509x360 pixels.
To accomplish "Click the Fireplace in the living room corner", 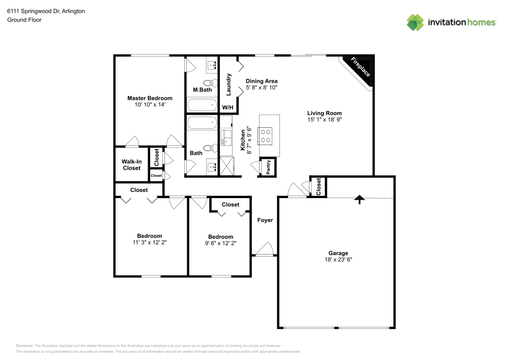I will pyautogui.click(x=361, y=69).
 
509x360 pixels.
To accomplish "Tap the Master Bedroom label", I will pyautogui.click(x=150, y=98).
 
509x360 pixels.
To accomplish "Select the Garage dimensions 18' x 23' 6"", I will pyautogui.click(x=337, y=259).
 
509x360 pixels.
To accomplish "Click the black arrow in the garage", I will pyautogui.click(x=360, y=199).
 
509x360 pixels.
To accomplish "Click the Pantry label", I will pyautogui.click(x=268, y=167).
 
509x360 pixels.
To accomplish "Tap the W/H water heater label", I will pyautogui.click(x=228, y=107).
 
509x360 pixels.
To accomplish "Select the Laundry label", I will pyautogui.click(x=229, y=85).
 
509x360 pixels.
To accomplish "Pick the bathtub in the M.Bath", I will pyautogui.click(x=202, y=105).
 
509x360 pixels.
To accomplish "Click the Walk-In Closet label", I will pyautogui.click(x=131, y=165).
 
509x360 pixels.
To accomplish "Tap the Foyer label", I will pyautogui.click(x=265, y=220).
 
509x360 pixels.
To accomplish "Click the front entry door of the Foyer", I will pyautogui.click(x=265, y=250).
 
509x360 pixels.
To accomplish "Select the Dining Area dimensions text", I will pyautogui.click(x=261, y=88).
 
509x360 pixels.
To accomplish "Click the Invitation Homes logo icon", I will pyautogui.click(x=415, y=22).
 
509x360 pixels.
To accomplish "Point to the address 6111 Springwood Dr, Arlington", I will pyautogui.click(x=45, y=11).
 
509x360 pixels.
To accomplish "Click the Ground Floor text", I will pyautogui.click(x=24, y=20).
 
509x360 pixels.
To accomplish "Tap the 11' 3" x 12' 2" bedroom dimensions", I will pyautogui.click(x=150, y=243).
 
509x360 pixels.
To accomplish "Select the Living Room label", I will pyautogui.click(x=324, y=113).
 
